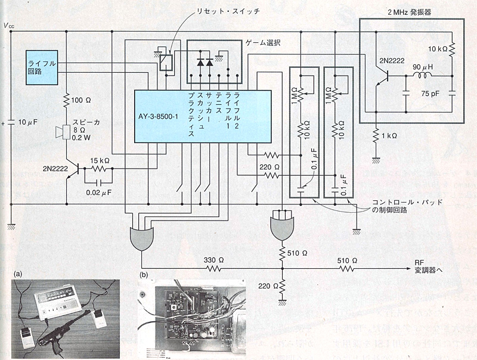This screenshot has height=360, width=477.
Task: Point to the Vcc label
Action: click(9, 26)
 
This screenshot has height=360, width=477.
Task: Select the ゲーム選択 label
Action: click(263, 43)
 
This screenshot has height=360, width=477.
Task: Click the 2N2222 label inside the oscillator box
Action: click(391, 60)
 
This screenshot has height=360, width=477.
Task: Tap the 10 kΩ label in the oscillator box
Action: click(438, 48)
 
